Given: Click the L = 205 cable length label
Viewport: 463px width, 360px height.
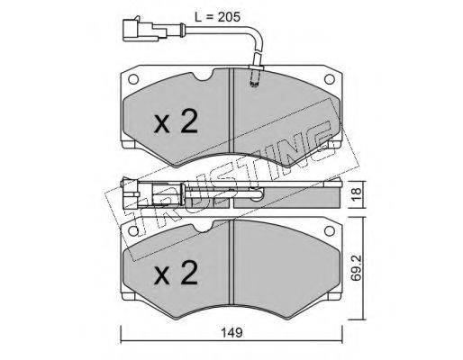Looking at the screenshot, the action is pyautogui.click(x=217, y=17).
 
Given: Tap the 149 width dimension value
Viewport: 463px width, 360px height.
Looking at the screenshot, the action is pyautogui.click(x=231, y=333).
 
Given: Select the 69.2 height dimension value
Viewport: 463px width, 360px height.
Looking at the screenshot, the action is pyautogui.click(x=357, y=268).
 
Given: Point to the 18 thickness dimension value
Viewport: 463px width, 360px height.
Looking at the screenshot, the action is pyautogui.click(x=357, y=194).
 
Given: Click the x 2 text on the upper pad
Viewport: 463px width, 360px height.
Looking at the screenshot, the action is pyautogui.click(x=176, y=121).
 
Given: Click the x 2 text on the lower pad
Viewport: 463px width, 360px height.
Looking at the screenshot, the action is pyautogui.click(x=176, y=272).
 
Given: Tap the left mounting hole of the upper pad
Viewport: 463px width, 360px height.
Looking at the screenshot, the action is pyautogui.click(x=133, y=79).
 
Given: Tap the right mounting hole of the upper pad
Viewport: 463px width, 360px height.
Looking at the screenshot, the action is pyautogui.click(x=330, y=79).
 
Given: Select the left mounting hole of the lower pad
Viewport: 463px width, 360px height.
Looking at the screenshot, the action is pyautogui.click(x=133, y=231).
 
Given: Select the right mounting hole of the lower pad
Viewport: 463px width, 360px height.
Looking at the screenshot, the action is pyautogui.click(x=330, y=231).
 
